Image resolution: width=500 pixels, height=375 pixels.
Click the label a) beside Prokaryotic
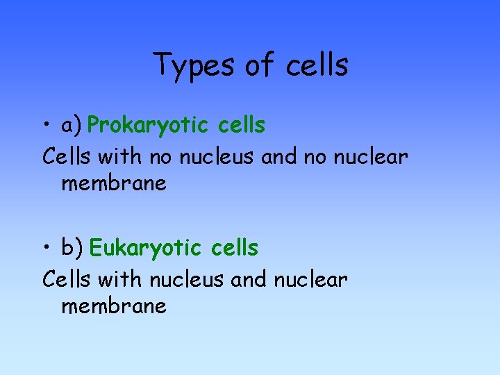click(72, 126)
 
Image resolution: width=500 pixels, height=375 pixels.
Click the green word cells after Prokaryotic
click(241, 126)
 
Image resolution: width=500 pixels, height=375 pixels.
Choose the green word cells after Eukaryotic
click(234, 248)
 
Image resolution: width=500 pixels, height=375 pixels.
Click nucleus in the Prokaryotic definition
click(218, 158)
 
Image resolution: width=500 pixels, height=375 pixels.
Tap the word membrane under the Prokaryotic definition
click(114, 184)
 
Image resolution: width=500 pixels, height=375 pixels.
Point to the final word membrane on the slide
click(114, 306)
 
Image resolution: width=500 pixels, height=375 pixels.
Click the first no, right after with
click(160, 158)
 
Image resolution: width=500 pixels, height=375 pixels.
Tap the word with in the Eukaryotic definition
click(120, 280)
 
